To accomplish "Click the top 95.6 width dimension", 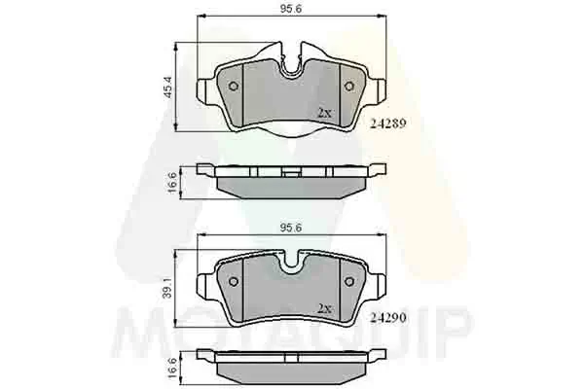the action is (291, 9).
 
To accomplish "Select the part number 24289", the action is (387, 124).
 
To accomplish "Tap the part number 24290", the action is (387, 318).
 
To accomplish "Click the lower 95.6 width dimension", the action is (291, 228).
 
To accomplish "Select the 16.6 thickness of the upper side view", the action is (172, 183).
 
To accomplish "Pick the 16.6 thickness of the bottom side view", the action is (172, 368).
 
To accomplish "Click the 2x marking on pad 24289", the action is (324, 113).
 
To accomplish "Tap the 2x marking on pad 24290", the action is (324, 308).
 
